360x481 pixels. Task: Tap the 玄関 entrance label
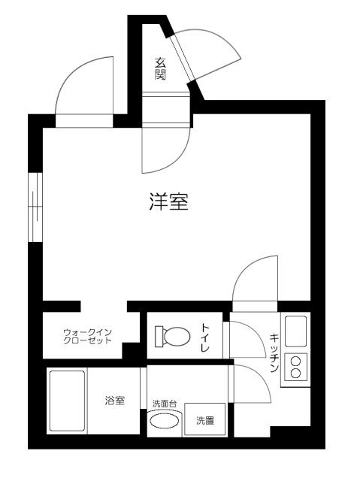160,68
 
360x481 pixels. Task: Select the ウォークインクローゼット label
87,335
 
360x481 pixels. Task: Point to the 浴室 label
114,401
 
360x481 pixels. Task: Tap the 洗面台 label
164,404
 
